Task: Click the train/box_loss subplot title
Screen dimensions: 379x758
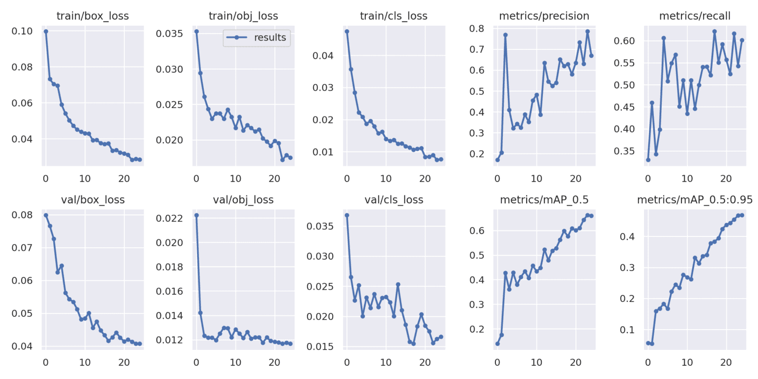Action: coord(93,16)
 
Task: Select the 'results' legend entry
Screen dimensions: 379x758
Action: coord(269,38)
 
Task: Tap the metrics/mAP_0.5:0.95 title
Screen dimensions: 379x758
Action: coord(694,200)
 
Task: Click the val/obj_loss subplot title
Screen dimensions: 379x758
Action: coord(243,200)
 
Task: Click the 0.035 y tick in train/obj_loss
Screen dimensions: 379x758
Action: coord(169,34)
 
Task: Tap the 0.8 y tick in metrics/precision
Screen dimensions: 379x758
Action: coord(477,29)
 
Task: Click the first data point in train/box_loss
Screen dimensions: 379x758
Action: coord(46,32)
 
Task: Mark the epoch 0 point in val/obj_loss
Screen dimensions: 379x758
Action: coord(196,215)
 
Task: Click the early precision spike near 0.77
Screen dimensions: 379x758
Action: coord(505,35)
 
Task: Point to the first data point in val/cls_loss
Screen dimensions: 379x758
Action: coord(347,215)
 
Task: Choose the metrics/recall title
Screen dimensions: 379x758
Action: coord(694,16)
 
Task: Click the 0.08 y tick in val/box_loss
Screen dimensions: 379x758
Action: coord(24,215)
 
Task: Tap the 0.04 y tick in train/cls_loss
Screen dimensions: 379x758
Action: coord(323,56)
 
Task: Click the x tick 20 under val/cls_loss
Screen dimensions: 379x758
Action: coord(425,361)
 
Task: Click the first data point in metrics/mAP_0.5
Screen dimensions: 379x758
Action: coord(497,343)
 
